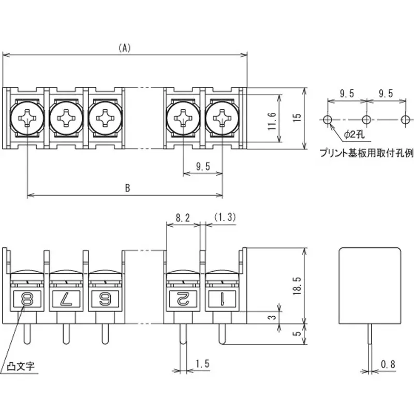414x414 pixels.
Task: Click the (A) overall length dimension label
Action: tap(124, 48)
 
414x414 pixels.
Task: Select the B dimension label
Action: tap(127, 188)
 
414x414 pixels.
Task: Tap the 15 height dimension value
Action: tap(296, 118)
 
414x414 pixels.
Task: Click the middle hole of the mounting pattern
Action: tap(366, 120)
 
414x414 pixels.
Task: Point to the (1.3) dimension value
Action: tap(224, 218)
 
